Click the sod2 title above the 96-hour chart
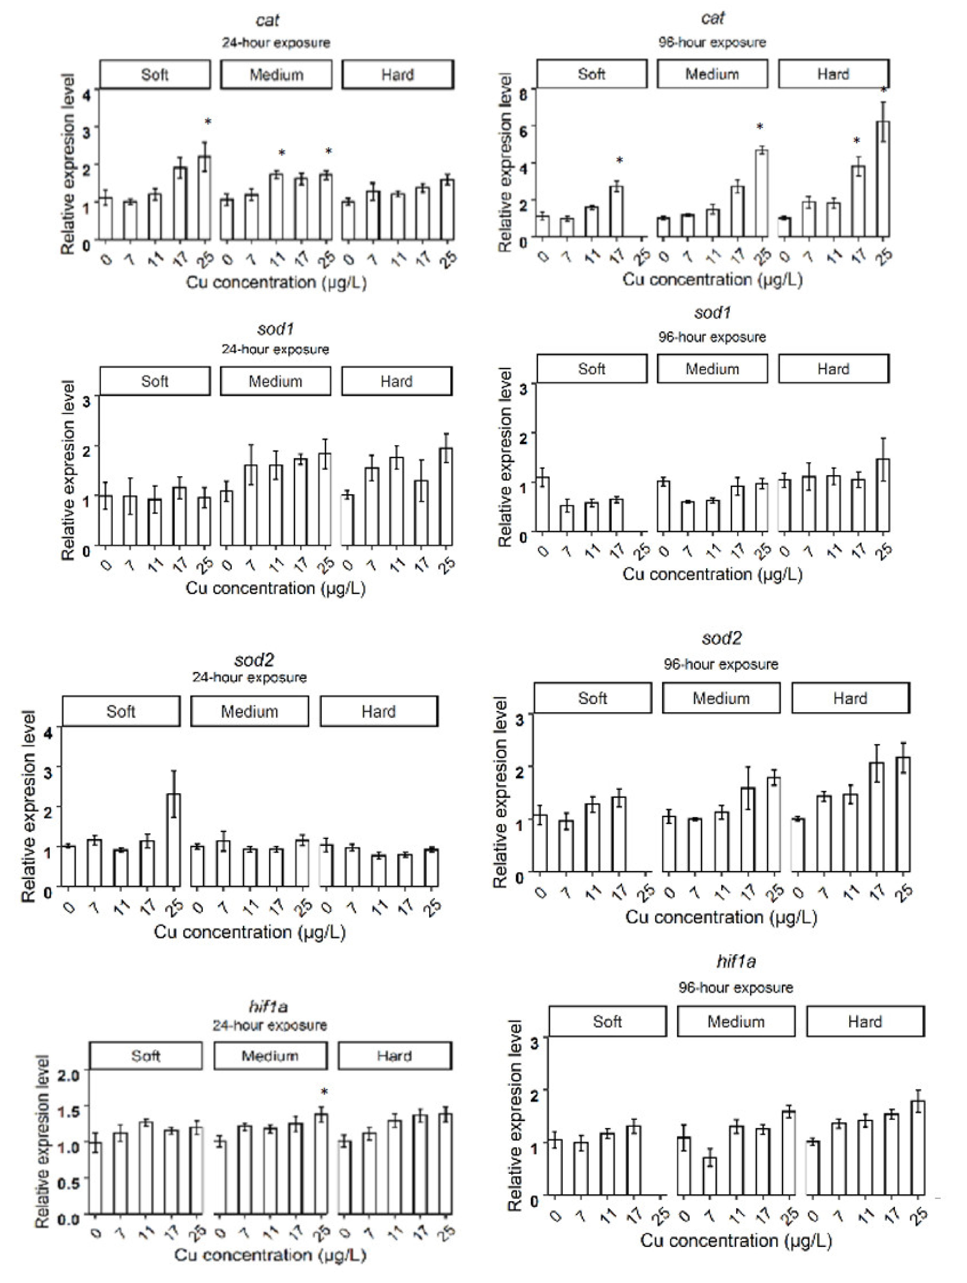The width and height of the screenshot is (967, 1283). point(721,639)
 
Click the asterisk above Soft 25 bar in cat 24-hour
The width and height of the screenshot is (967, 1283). point(208,122)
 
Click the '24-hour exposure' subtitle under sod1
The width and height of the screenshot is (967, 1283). point(275,349)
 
